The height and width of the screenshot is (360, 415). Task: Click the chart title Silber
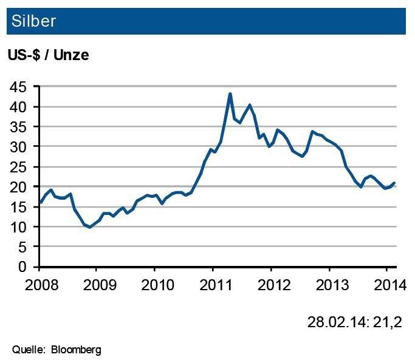pyautogui.click(x=32, y=21)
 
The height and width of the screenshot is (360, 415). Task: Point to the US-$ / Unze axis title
pyautogui.click(x=48, y=55)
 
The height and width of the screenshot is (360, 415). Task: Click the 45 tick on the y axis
pyautogui.click(x=18, y=87)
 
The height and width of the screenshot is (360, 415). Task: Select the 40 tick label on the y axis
pyautogui.click(x=18, y=107)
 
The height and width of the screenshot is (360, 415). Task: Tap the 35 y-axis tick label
pyautogui.click(x=18, y=127)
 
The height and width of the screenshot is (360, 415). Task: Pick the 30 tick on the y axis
pyautogui.click(x=18, y=147)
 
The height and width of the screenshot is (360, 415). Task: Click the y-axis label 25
pyautogui.click(x=18, y=167)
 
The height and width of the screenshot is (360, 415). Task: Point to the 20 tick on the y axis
pyautogui.click(x=18, y=187)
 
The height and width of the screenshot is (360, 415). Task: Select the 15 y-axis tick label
pyautogui.click(x=18, y=207)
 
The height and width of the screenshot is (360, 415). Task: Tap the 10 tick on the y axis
pyautogui.click(x=18, y=227)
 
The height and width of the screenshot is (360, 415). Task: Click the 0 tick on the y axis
pyautogui.click(x=22, y=267)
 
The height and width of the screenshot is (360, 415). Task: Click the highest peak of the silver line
pyautogui.click(x=230, y=93)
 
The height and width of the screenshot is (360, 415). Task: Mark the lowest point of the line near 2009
pyautogui.click(x=90, y=227)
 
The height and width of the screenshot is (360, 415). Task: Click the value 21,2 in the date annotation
pyautogui.click(x=391, y=321)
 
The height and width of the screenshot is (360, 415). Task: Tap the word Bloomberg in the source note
pyautogui.click(x=76, y=350)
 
